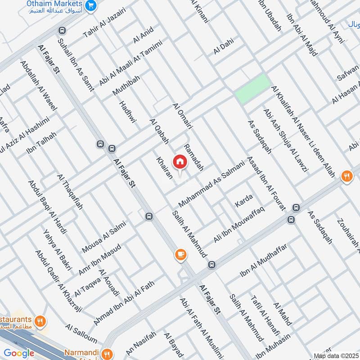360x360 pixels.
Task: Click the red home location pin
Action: coord(180,161)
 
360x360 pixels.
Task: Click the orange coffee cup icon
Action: coord(180,255)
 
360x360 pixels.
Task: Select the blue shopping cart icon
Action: coord(92,5)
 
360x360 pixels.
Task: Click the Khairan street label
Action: coord(164,168)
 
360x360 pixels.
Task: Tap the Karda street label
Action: coord(244,201)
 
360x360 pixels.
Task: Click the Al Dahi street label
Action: coord(224,49)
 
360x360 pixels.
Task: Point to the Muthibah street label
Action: coord(126,85)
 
